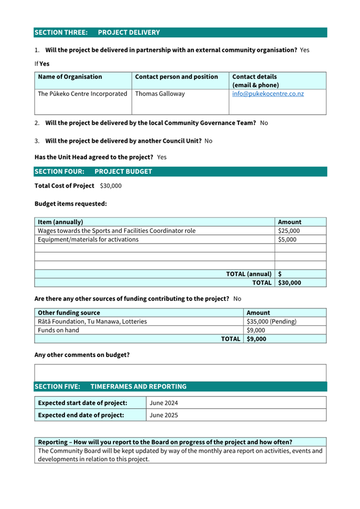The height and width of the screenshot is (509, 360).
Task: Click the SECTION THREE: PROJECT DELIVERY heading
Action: coord(97,33)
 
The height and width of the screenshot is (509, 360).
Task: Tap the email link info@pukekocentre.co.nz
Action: coord(268,94)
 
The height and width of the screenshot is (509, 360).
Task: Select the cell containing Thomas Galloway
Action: coord(160,94)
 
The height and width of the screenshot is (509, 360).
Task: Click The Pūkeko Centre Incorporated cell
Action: coord(83,94)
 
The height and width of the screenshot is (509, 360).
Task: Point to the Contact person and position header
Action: coord(177,77)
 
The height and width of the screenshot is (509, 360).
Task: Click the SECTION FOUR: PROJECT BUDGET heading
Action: coord(93,172)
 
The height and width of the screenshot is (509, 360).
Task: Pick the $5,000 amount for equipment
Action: coord(287,239)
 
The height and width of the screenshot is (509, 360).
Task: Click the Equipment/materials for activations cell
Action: coord(88,239)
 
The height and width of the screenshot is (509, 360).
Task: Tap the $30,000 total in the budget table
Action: coord(290,282)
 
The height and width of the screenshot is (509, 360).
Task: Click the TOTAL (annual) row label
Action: coord(249,274)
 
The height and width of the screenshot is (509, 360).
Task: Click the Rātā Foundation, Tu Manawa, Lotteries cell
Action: coord(92,321)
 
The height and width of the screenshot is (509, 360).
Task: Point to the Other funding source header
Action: coord(69,313)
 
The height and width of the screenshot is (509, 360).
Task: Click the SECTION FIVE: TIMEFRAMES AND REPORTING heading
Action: coord(110,386)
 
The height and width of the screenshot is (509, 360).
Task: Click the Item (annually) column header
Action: coord(60,222)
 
